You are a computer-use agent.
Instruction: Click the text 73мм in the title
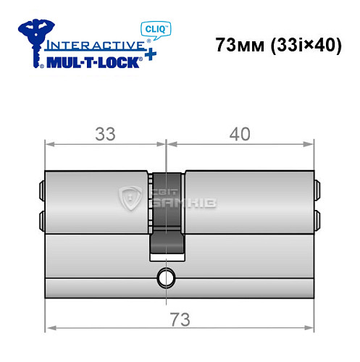(x=240, y=44)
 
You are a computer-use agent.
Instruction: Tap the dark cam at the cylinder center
(x=167, y=217)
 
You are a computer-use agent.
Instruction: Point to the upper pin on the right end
(x=317, y=193)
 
